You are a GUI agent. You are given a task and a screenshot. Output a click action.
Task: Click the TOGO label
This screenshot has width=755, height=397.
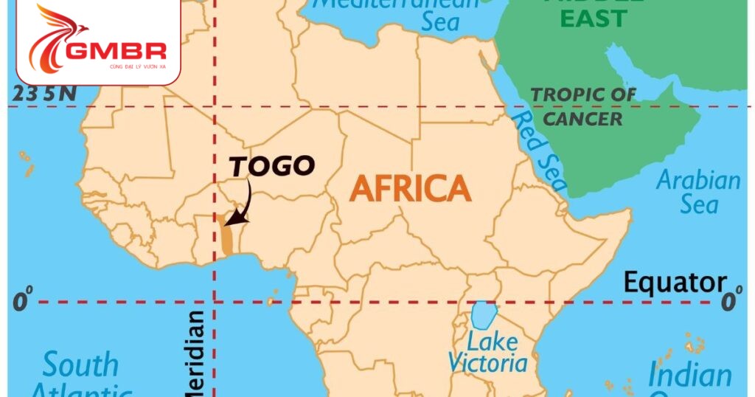(272, 166)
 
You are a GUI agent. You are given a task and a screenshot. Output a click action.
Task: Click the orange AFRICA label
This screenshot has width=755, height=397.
(410, 190)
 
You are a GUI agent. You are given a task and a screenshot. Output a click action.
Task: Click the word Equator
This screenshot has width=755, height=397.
(674, 282)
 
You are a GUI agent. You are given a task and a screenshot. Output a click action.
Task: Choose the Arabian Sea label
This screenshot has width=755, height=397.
(698, 192)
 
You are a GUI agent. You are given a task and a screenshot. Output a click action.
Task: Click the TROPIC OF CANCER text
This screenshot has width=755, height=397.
(583, 106)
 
